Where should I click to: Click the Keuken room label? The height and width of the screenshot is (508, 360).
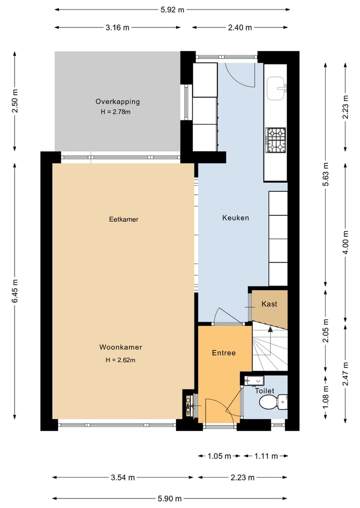tap(235, 218)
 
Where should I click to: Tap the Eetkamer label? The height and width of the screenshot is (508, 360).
tap(123, 219)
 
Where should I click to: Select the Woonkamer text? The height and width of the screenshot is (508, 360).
tap(120, 347)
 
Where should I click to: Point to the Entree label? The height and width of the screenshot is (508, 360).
tap(223, 353)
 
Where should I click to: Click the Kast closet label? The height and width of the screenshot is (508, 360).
tap(269, 304)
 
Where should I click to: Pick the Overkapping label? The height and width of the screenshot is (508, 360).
tap(117, 102)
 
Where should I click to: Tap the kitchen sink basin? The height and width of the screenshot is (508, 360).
tap(275, 88)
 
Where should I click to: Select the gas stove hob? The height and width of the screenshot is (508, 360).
tap(275, 140)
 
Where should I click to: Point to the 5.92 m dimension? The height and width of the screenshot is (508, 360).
tap(172, 9)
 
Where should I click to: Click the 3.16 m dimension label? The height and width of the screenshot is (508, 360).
tap(117, 27)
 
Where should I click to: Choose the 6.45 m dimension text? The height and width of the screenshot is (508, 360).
tap(15, 291)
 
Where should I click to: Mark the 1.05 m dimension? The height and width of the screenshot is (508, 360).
tap(219, 456)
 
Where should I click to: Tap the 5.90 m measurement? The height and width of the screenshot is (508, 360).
tap(169, 499)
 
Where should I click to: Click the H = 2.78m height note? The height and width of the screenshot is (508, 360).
tap(115, 112)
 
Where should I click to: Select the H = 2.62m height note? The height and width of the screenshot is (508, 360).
tap(120, 360)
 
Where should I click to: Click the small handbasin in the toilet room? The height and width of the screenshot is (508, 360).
tap(254, 380)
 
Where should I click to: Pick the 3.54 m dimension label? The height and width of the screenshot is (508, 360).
tap(122, 477)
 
